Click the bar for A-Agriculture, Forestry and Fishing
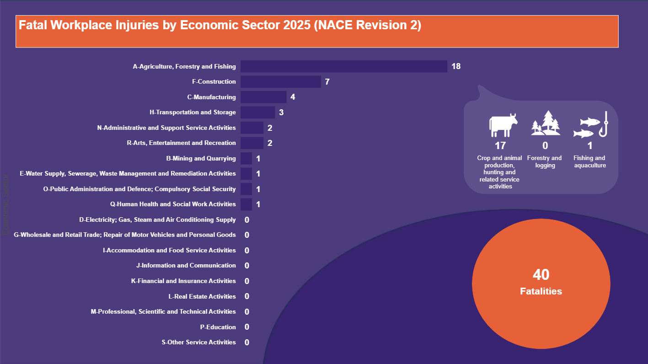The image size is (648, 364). point(343,66)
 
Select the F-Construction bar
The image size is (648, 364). point(280,82)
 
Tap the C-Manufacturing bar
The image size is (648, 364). point(263,97)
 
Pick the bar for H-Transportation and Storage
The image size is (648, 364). point(257,112)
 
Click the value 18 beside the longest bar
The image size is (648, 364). point(456,66)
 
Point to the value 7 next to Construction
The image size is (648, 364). point(327,82)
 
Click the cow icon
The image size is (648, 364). point(503,125)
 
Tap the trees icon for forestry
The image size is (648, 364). point(546,123)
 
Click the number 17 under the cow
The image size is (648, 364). point(500,146)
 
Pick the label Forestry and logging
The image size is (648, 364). point(545,162)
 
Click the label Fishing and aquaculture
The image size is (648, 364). point(590,162)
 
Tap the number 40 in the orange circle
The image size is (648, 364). point(541,275)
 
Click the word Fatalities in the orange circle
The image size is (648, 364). point(541,291)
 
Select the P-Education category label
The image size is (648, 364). point(218,327)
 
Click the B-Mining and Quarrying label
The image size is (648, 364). point(201,159)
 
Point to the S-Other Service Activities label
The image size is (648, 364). point(199,342)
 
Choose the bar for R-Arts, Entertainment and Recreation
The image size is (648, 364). point(252,143)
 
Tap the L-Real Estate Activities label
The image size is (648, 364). point(202,296)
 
